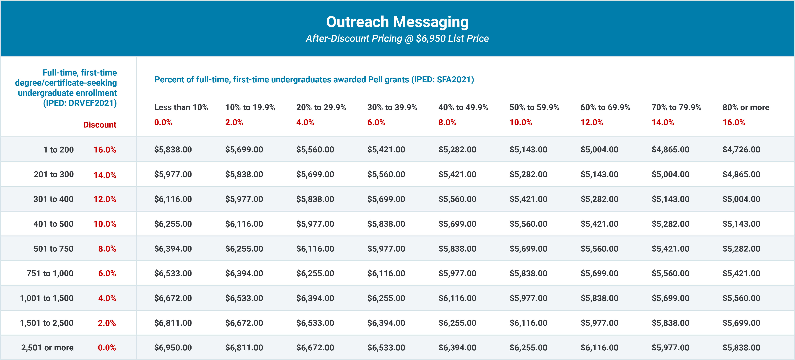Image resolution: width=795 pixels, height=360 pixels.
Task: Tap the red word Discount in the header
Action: pyautogui.click(x=100, y=125)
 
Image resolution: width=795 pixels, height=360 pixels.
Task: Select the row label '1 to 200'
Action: pyautogui.click(x=58, y=150)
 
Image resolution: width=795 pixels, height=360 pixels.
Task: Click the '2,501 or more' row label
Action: pyautogui.click(x=47, y=348)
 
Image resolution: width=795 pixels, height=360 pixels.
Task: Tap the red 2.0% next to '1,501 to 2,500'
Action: pyautogui.click(x=107, y=323)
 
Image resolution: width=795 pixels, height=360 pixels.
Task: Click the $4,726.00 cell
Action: pyautogui.click(x=741, y=150)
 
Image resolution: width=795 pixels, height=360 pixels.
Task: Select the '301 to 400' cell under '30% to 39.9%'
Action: pyautogui.click(x=386, y=199)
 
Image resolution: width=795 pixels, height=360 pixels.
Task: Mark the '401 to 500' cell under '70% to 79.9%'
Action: pyautogui.click(x=670, y=224)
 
